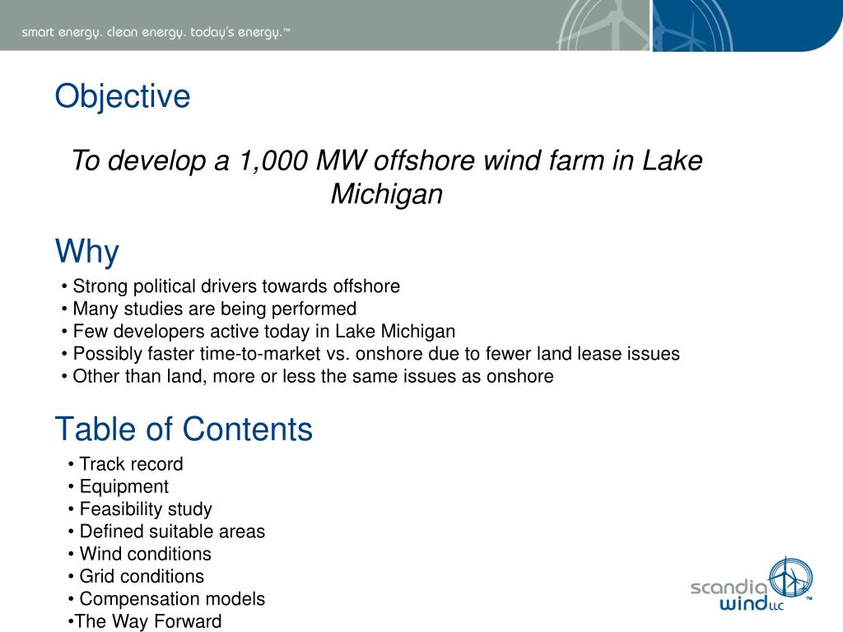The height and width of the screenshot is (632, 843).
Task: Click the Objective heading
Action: click(x=123, y=96)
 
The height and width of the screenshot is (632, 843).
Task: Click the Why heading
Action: click(x=86, y=251)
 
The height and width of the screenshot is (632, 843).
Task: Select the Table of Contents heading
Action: click(x=184, y=429)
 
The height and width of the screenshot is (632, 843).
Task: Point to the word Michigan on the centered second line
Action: click(x=386, y=194)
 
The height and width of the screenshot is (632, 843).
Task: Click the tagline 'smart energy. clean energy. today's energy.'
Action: click(x=156, y=33)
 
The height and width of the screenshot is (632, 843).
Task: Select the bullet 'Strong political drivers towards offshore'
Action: click(x=235, y=286)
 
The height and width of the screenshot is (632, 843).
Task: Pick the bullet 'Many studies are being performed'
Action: click(x=214, y=309)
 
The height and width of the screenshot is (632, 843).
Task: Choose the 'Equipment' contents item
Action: click(x=123, y=486)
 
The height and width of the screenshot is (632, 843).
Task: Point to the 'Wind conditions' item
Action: click(x=145, y=554)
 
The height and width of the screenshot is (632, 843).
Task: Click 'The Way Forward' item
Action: click(x=147, y=621)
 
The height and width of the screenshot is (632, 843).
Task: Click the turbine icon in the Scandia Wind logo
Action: click(x=789, y=579)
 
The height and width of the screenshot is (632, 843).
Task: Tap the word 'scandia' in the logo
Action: click(x=728, y=588)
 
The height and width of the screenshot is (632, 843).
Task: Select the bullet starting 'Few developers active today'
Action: click(x=263, y=332)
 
